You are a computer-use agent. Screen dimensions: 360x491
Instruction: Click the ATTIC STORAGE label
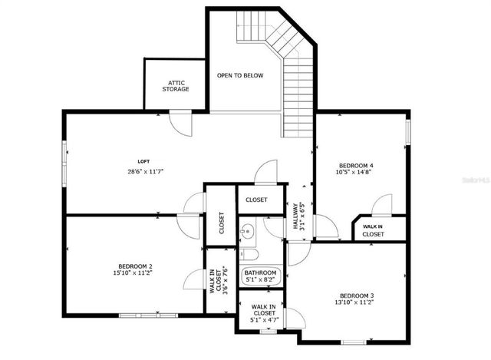pyautogui.click(x=175, y=85)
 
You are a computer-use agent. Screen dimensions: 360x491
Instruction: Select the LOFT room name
pyautogui.click(x=143, y=160)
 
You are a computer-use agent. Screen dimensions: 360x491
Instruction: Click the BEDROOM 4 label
pyautogui.click(x=356, y=165)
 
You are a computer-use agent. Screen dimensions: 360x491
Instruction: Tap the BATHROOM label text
pyautogui.click(x=260, y=272)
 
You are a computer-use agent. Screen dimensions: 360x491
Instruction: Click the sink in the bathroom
pyautogui.click(x=246, y=230)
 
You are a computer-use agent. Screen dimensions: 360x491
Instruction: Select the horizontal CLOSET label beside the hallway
pyautogui.click(x=256, y=200)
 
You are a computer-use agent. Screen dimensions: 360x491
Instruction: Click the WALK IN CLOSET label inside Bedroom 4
pyautogui.click(x=373, y=230)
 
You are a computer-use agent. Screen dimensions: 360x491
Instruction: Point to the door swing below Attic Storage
pyautogui.click(x=181, y=123)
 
